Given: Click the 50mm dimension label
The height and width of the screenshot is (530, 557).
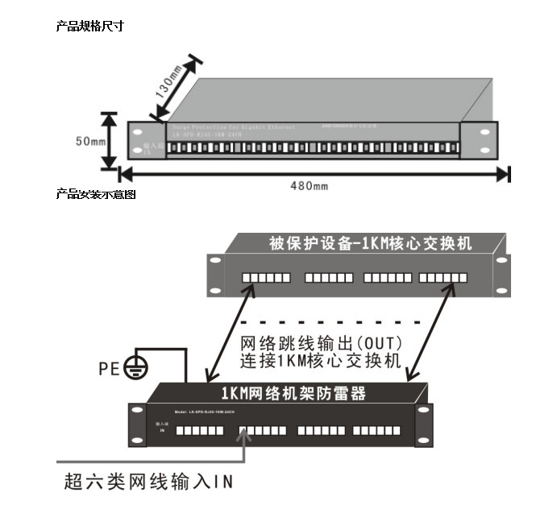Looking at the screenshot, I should [91, 141].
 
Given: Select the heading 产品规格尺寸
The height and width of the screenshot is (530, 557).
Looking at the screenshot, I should [89, 27].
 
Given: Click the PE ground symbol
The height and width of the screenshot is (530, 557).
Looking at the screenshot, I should [139, 368].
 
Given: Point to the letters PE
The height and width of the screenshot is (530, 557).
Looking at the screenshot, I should [110, 369].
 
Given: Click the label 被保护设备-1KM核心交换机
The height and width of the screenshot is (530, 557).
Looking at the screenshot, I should [370, 242].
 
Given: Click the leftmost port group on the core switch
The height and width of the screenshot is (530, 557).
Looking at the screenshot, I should [267, 278].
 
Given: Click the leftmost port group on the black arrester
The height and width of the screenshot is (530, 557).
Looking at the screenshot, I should [193, 430].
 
